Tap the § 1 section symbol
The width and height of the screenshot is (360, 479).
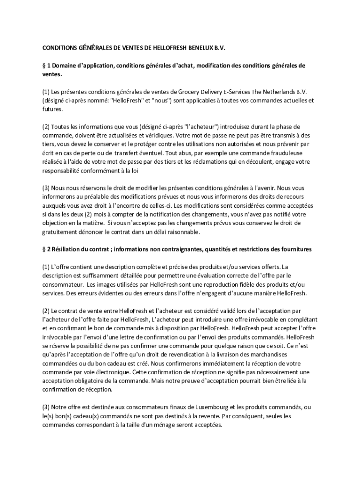44,66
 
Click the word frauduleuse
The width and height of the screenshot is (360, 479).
275,153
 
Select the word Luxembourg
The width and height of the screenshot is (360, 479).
212,407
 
